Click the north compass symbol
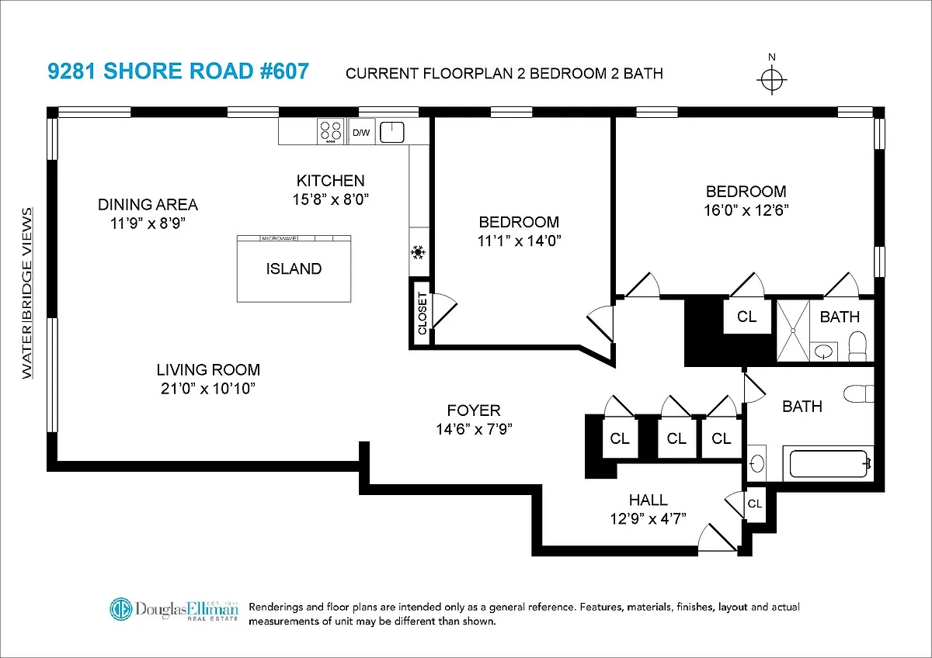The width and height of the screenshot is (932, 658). tap(770, 80)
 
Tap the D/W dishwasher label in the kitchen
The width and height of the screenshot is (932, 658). tap(362, 133)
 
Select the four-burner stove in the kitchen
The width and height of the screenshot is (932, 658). tap(331, 132)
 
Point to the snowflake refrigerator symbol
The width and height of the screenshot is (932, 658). tap(419, 252)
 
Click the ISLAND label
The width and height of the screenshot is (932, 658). tap(294, 269)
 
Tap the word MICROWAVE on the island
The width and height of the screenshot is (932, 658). tap(281, 239)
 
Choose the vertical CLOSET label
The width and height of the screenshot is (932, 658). tap(422, 313)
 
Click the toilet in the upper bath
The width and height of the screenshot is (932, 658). tap(857, 346)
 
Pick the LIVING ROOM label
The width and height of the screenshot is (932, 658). tap(208, 370)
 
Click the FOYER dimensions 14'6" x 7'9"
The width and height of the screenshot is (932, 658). tap(474, 428)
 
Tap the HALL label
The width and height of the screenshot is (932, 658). tap(648, 500)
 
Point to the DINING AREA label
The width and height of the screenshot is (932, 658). tap(148, 205)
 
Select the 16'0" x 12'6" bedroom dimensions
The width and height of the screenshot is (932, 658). tap(746, 210)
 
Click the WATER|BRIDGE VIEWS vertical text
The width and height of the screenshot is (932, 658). tap(28, 293)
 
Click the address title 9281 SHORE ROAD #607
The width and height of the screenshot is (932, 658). tap(179, 72)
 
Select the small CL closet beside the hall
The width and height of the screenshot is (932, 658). tap(754, 504)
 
